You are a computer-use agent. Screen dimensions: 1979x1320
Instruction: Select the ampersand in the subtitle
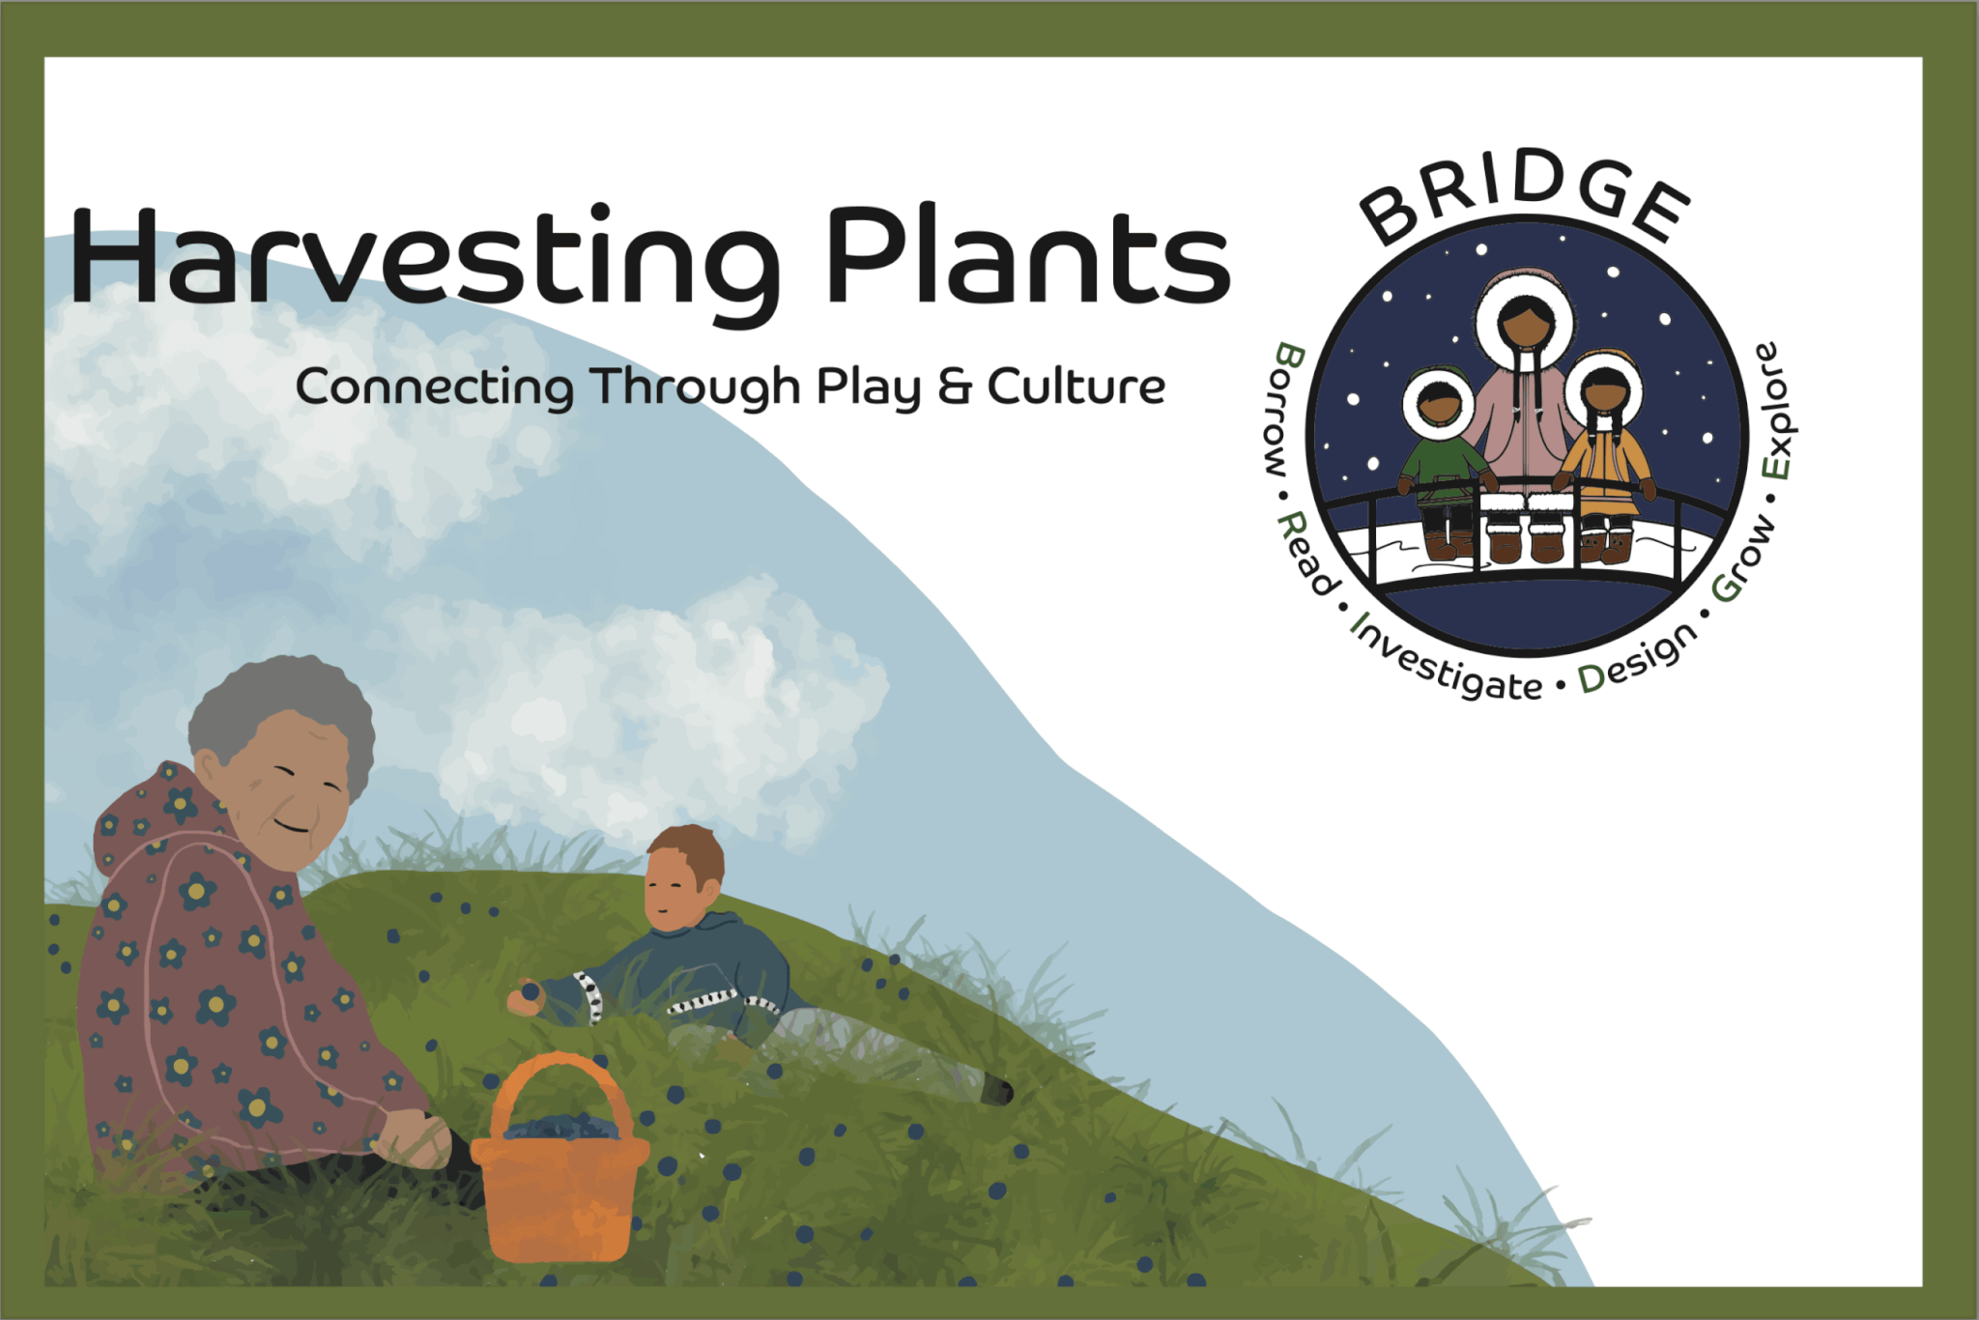[x=955, y=387]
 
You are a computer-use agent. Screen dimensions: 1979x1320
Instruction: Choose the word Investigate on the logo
[x=1444, y=659]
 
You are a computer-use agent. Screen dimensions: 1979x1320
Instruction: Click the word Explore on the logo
[x=1776, y=411]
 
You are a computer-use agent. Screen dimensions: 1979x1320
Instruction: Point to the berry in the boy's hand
[x=531, y=991]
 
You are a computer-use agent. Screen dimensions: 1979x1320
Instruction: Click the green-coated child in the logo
[x=1440, y=464]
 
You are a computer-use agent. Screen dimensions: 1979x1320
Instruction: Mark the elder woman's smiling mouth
[x=291, y=827]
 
